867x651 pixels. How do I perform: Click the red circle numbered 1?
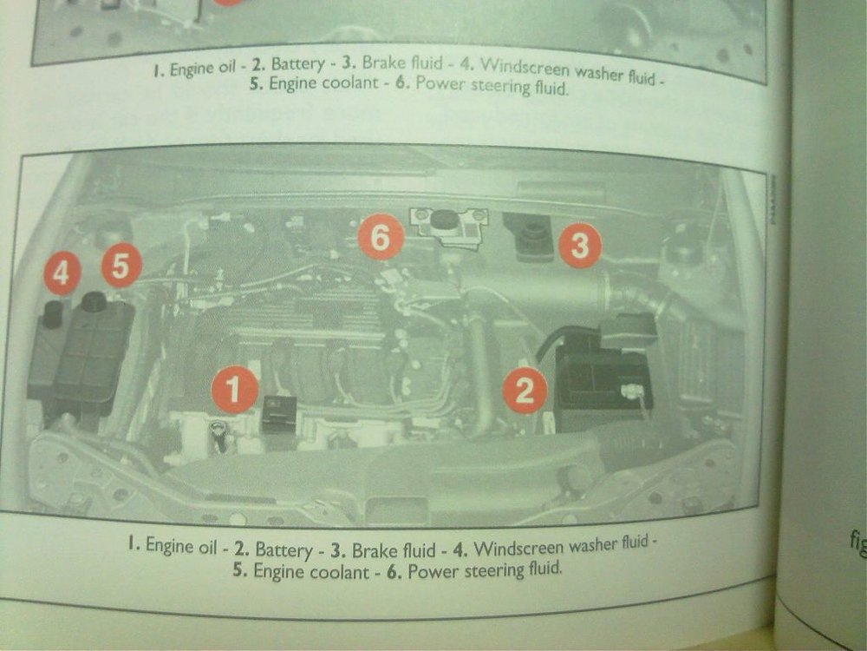[234, 389]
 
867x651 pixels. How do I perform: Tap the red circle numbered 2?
[525, 391]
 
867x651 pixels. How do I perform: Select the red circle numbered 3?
[579, 245]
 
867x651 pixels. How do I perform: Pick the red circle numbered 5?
[121, 265]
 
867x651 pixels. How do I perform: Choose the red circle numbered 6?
[381, 238]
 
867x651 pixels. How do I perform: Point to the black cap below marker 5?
[94, 301]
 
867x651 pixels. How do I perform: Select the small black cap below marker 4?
[53, 314]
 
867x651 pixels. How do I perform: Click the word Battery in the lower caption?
[284, 549]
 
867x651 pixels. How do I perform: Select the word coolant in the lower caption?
[338, 572]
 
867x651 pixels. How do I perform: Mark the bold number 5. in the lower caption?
[240, 569]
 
